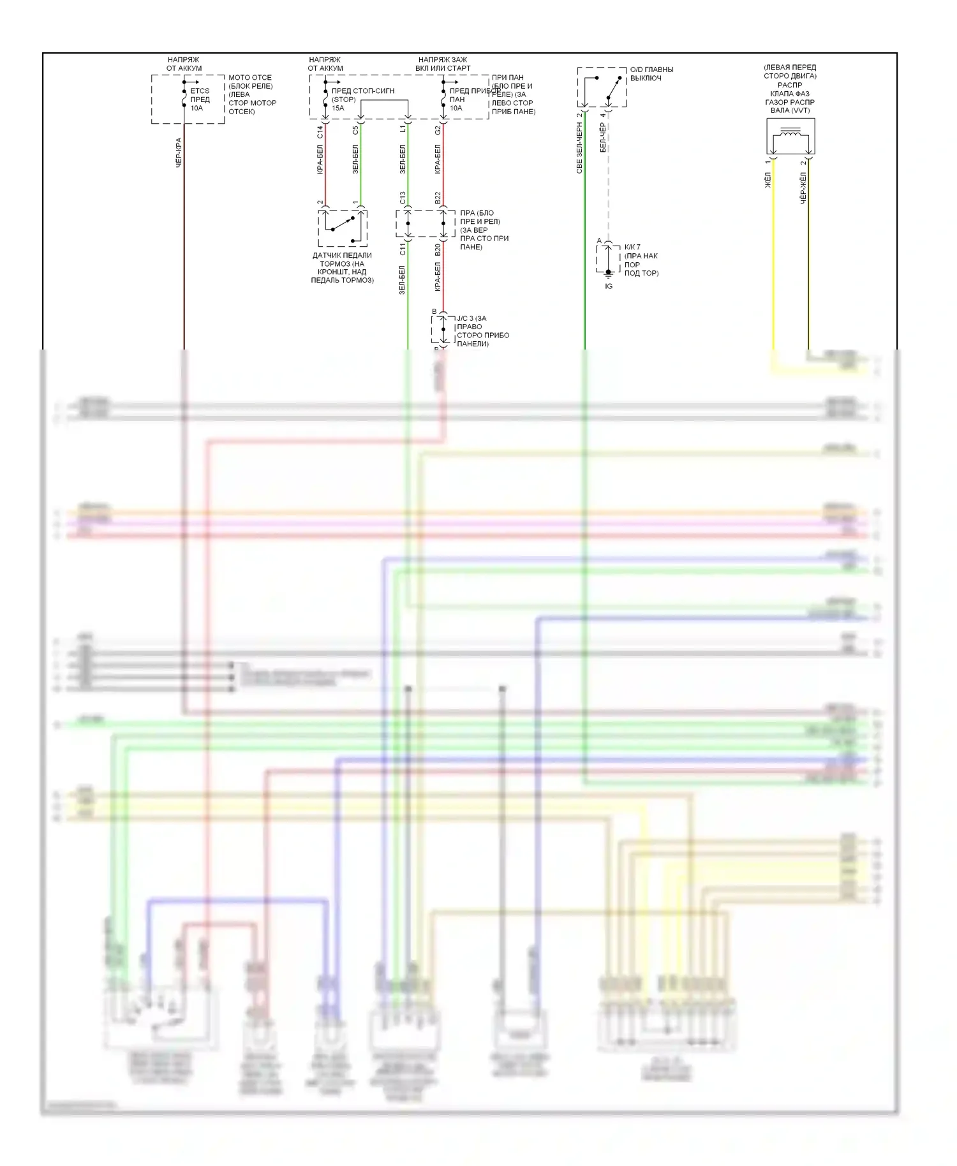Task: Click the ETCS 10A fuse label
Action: coord(200,100)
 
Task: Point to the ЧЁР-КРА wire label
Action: coord(179,152)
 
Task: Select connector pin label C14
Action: coord(320,132)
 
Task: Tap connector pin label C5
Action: coord(355,131)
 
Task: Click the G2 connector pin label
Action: coord(438,131)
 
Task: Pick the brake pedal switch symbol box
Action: coord(343,228)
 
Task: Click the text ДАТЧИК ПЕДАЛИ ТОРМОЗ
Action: coord(342,268)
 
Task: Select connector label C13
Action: coord(403,198)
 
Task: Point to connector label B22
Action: coord(438,198)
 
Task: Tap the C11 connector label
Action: coord(403,249)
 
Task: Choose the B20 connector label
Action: coord(438,249)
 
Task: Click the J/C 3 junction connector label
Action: coord(482,331)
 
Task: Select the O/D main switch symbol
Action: coord(602,87)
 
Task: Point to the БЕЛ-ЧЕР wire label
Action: coord(603,137)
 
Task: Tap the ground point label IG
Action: coord(609,286)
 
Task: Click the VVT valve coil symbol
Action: coord(790,137)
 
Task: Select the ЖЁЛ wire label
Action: coord(768,180)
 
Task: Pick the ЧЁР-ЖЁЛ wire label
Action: coord(803,188)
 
